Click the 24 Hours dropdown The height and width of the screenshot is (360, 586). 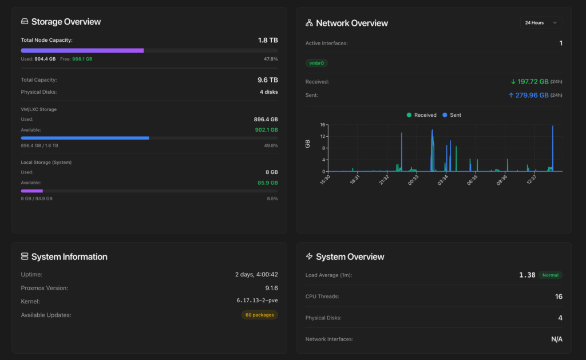tap(541, 23)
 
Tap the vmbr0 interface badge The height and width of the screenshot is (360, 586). tap(316, 63)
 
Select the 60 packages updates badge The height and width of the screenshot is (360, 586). tap(259, 315)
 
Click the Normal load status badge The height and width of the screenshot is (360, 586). tap(550, 275)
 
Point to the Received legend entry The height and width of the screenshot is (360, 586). tap(421, 115)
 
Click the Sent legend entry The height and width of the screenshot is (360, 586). tap(452, 115)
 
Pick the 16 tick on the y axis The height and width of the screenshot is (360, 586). tap(323, 125)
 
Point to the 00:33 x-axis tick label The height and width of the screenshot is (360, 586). tap(413, 181)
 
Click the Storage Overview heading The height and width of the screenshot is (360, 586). tap(66, 22)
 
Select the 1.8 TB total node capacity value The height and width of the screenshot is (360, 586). tap(268, 41)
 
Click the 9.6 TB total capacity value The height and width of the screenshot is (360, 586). tap(268, 80)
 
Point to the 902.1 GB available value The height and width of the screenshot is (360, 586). tap(266, 130)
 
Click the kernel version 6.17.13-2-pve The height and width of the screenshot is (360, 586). tap(257, 300)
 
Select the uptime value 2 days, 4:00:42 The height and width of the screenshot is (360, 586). tap(256, 275)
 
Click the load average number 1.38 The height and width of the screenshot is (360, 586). tap(527, 275)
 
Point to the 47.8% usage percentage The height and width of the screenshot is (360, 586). tap(271, 59)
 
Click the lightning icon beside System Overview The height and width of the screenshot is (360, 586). tap(309, 257)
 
